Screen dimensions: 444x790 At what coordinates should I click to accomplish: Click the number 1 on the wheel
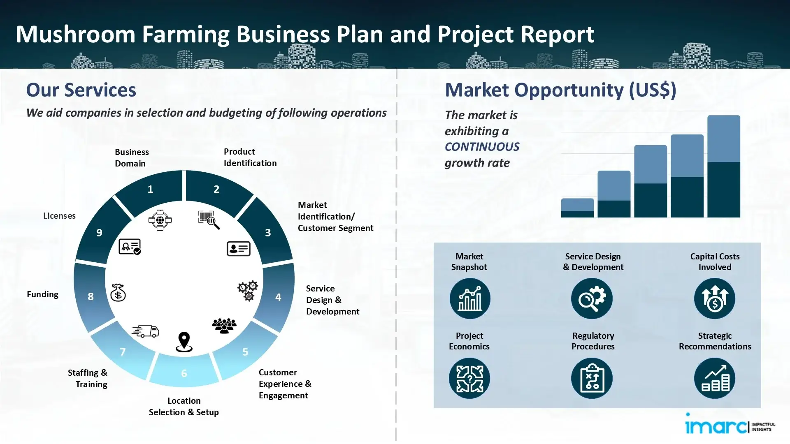[150, 189]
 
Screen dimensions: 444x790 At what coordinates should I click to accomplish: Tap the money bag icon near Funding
[118, 293]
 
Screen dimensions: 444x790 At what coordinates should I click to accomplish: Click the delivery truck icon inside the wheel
[146, 331]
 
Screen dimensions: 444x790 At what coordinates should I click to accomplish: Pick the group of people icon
[224, 326]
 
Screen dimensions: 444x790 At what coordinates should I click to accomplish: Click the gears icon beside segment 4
[248, 291]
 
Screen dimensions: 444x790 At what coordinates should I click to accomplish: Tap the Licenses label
[59, 216]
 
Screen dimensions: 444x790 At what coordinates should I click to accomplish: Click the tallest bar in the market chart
[723, 166]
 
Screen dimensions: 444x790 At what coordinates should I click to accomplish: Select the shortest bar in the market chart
[577, 208]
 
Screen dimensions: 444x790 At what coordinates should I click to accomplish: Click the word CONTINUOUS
[482, 147]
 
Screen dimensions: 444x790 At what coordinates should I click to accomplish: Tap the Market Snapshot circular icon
[469, 298]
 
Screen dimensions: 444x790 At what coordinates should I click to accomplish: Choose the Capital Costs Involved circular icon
[714, 298]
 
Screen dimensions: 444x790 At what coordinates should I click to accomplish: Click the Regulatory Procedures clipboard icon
[592, 378]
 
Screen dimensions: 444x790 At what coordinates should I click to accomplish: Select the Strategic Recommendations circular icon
[714, 378]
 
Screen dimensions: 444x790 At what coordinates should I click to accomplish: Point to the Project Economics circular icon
[469, 378]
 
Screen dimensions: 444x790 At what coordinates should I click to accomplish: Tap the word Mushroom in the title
[75, 34]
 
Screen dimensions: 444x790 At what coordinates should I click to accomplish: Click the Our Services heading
[81, 90]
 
